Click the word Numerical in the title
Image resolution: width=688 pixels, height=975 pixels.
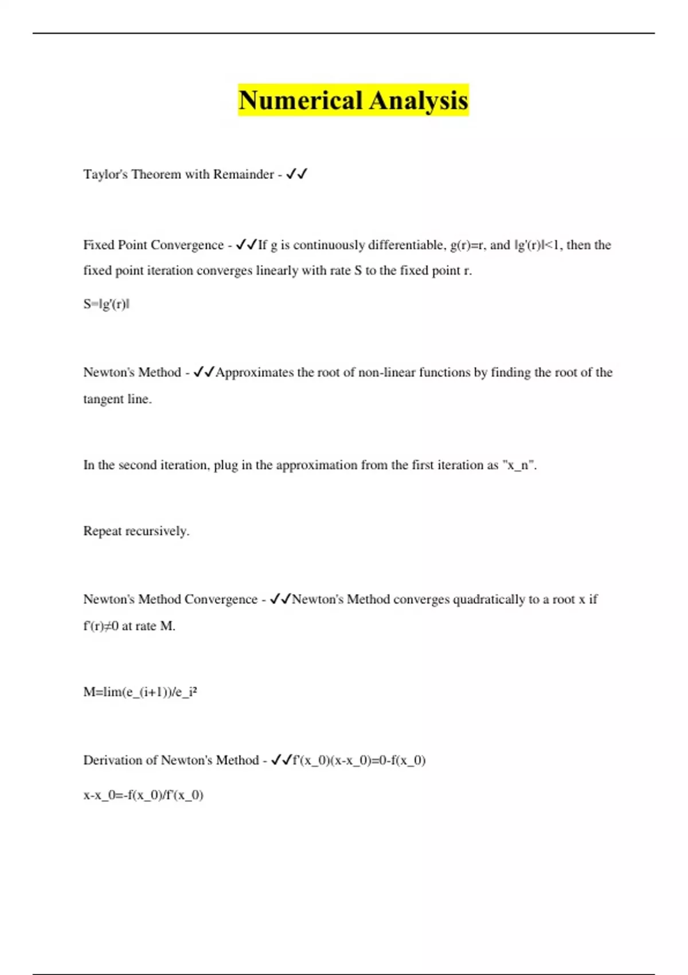click(301, 100)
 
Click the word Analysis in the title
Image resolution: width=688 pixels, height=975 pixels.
click(419, 100)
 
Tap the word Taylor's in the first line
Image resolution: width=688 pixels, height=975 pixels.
click(105, 174)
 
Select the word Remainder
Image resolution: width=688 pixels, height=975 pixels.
click(243, 174)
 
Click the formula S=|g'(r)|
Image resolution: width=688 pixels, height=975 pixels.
click(106, 304)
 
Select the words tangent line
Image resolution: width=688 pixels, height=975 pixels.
click(117, 399)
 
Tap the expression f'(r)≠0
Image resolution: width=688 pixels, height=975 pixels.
click(101, 626)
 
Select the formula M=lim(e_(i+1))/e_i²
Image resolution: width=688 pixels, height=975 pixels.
click(140, 692)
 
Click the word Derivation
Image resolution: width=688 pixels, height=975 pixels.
click(113, 760)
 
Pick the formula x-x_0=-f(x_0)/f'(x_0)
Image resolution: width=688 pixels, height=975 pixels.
click(143, 795)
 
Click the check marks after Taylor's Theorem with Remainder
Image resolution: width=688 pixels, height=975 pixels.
click(296, 174)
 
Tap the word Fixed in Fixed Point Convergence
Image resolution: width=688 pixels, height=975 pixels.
click(99, 245)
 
